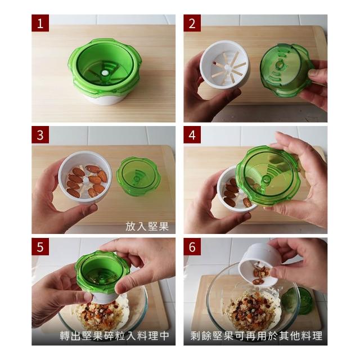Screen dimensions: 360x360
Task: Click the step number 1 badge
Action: tap(40, 23)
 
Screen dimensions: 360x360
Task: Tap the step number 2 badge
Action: tap(192, 23)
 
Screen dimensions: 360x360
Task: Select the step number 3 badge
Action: tap(40, 135)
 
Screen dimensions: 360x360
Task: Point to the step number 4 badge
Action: tap(192, 135)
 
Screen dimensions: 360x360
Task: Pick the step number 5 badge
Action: tap(40, 246)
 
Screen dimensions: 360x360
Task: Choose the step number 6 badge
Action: tap(192, 246)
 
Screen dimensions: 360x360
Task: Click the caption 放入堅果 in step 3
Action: tap(147, 226)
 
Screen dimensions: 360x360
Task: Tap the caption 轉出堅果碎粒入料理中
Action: tap(114, 336)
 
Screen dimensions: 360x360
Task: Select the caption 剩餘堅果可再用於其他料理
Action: tap(256, 336)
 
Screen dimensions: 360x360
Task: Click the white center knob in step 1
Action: tap(105, 73)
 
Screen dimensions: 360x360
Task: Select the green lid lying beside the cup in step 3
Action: tap(137, 176)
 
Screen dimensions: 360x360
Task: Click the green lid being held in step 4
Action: tap(268, 176)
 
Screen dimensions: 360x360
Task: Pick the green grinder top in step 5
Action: tap(102, 272)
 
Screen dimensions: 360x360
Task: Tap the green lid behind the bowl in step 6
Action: tap(299, 301)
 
